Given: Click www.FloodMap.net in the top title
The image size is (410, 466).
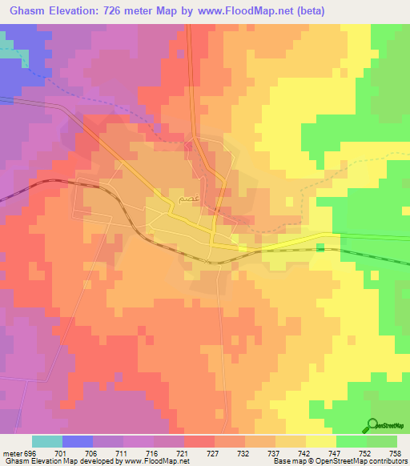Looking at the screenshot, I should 225,10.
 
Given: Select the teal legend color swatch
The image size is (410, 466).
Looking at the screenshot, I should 46,441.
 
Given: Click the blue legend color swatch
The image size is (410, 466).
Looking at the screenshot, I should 77,441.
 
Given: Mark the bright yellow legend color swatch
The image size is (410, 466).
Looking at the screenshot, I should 321,441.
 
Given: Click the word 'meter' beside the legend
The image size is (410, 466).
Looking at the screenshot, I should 11,452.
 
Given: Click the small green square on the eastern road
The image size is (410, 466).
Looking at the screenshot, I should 320,248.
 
